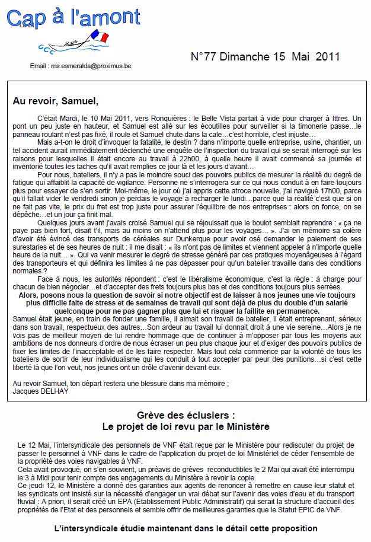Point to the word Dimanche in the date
point(249,57)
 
